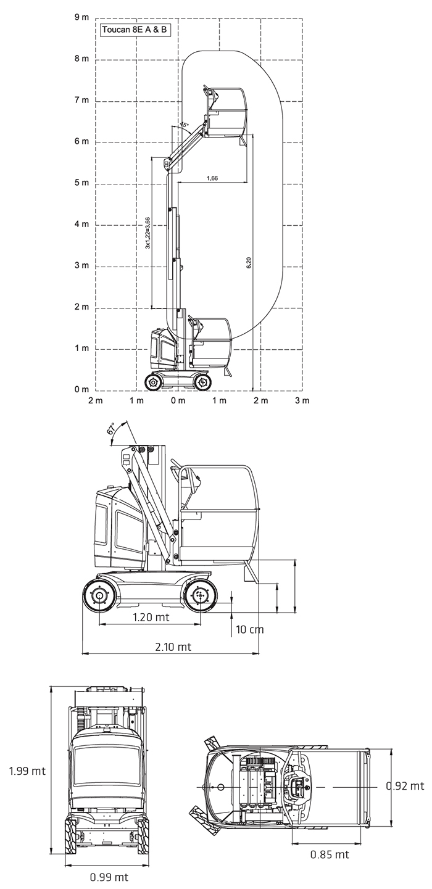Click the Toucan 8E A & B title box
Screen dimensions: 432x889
click(135, 30)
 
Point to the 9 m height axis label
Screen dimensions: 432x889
click(82, 17)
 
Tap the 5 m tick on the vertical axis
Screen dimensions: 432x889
click(82, 183)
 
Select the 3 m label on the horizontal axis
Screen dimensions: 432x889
click(302, 400)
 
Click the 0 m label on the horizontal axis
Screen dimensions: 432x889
click(178, 400)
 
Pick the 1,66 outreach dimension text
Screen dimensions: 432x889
click(212, 178)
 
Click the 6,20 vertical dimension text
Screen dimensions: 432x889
click(249, 263)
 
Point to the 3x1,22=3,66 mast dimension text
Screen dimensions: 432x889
click(147, 233)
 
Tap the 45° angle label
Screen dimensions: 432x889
click(184, 125)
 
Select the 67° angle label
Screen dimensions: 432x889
click(112, 429)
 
